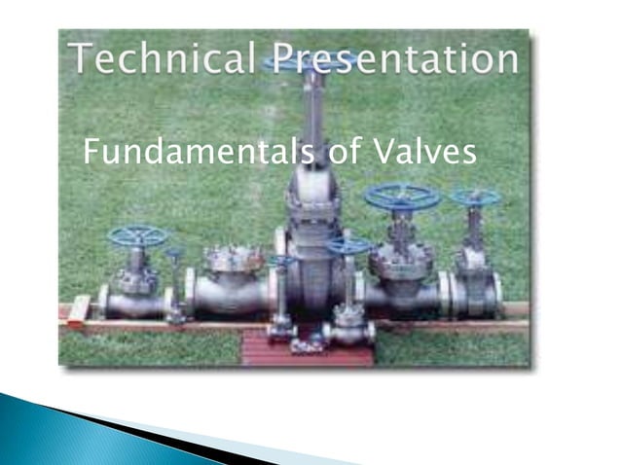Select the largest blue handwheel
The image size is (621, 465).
point(402,197)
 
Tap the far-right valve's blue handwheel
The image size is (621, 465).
point(476,197)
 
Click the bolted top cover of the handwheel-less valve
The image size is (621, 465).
point(234,258)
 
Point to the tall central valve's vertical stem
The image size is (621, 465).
point(313,117)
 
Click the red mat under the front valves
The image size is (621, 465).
point(307,348)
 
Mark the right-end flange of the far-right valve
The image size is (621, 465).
point(497,295)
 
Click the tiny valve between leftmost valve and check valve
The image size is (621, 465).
point(176,287)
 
